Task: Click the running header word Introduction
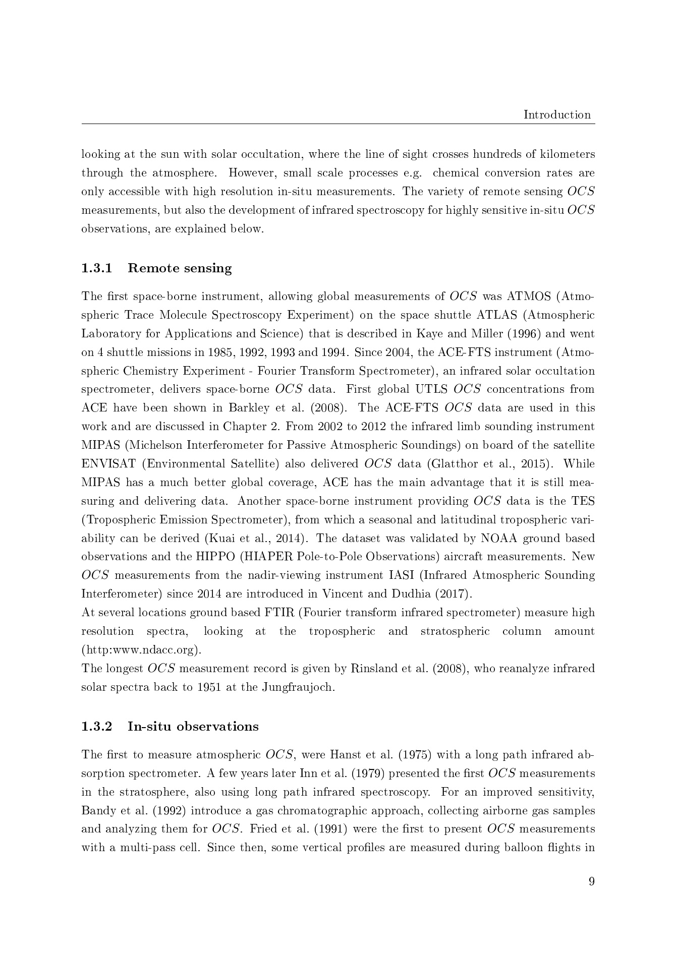(x=557, y=114)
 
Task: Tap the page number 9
(x=591, y=881)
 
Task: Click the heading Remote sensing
(x=180, y=268)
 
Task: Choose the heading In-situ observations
(x=193, y=727)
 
